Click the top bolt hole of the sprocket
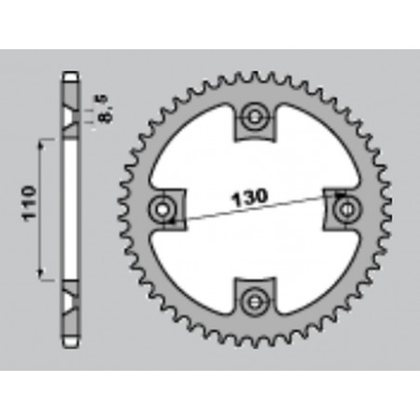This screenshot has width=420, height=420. click(254, 118)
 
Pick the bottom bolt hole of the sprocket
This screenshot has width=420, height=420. click(254, 297)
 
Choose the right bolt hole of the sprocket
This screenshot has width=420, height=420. click(344, 207)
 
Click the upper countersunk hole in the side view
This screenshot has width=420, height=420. click(71, 118)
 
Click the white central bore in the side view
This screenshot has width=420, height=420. click(71, 208)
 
